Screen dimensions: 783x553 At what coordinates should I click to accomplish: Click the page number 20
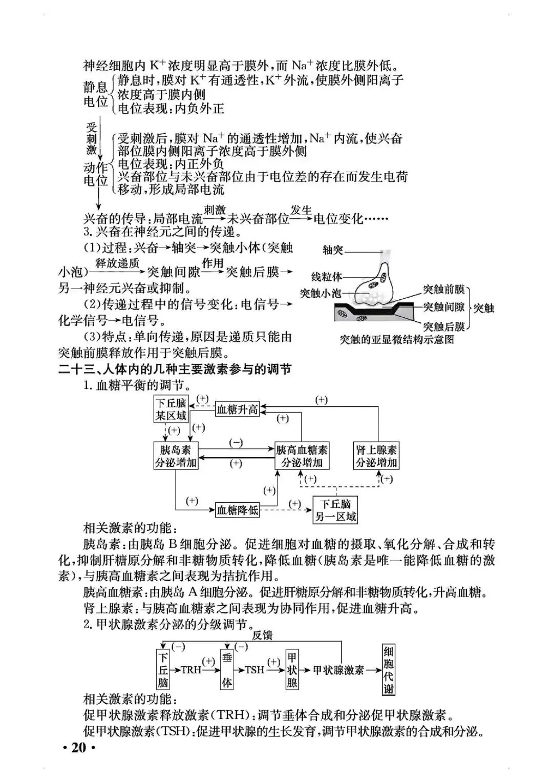click(79, 747)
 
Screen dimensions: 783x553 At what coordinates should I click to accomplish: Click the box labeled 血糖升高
click(238, 409)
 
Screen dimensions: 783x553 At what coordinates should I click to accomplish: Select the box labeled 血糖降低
click(238, 510)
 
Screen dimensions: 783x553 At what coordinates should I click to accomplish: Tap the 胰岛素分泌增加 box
click(176, 456)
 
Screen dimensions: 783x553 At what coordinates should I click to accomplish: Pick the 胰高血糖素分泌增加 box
click(302, 456)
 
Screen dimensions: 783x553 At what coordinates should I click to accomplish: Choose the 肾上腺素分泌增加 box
click(376, 456)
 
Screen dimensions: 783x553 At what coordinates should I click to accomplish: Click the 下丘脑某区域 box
click(171, 409)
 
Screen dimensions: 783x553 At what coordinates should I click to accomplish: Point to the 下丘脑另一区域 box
click(335, 510)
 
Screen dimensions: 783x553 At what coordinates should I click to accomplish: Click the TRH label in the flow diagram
click(190, 670)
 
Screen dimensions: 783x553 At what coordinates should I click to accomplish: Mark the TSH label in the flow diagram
click(254, 670)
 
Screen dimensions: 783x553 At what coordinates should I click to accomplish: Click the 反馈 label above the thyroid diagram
click(262, 635)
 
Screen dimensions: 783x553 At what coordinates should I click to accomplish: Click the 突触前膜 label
click(443, 290)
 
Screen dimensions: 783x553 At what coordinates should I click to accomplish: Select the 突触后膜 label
click(443, 326)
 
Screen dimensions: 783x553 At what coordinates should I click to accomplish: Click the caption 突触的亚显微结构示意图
click(397, 339)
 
